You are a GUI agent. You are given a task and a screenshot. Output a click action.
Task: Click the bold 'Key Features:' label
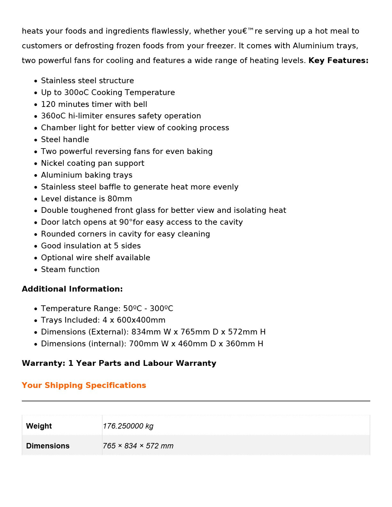(x=338, y=60)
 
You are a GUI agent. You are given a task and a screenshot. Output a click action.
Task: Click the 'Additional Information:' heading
(x=72, y=289)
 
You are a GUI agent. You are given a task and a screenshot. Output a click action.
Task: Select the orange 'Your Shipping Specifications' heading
(x=84, y=385)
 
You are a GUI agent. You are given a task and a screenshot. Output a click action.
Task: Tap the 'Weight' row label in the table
(x=39, y=426)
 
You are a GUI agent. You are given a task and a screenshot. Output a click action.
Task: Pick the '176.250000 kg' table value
(x=128, y=426)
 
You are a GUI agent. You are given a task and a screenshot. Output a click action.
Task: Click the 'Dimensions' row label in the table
(x=48, y=446)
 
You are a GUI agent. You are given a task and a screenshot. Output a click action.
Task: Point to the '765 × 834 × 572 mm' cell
(x=138, y=446)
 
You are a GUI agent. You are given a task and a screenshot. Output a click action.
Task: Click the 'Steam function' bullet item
(x=70, y=270)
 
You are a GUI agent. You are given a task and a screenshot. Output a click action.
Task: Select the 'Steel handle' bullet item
(x=65, y=140)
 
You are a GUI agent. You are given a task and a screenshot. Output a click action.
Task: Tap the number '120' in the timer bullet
(x=48, y=104)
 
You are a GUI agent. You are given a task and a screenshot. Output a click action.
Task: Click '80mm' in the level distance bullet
(x=119, y=199)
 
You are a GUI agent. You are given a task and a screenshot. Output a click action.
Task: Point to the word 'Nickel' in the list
(x=52, y=163)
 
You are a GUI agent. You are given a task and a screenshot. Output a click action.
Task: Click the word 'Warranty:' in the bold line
(x=44, y=363)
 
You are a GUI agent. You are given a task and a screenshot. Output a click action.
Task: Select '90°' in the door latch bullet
(x=126, y=222)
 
